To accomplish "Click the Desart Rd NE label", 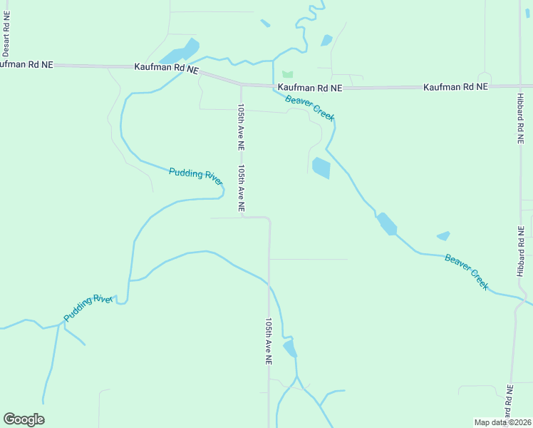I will coord(6,34).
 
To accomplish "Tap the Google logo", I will coord(24,419).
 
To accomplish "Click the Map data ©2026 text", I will coord(502,422).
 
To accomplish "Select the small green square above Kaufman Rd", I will coord(287,74).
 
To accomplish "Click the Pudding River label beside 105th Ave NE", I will coord(196,175).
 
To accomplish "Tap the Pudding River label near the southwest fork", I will coord(89,307).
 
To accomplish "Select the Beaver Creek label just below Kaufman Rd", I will coord(310,107).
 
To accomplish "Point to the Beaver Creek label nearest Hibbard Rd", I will coord(467,272).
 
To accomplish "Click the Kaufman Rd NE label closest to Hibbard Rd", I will coord(455,86).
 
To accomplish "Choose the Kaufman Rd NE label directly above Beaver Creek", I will coord(310,87).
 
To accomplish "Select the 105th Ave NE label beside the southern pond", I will coord(269,342).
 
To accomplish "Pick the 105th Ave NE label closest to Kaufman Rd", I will coord(241,127).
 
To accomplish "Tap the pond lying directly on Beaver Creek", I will coord(387,224).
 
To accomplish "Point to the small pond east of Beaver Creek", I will coord(443,235).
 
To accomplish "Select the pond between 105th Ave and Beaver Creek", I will coord(321,168).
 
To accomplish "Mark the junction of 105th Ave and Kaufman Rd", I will coord(241,84).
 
